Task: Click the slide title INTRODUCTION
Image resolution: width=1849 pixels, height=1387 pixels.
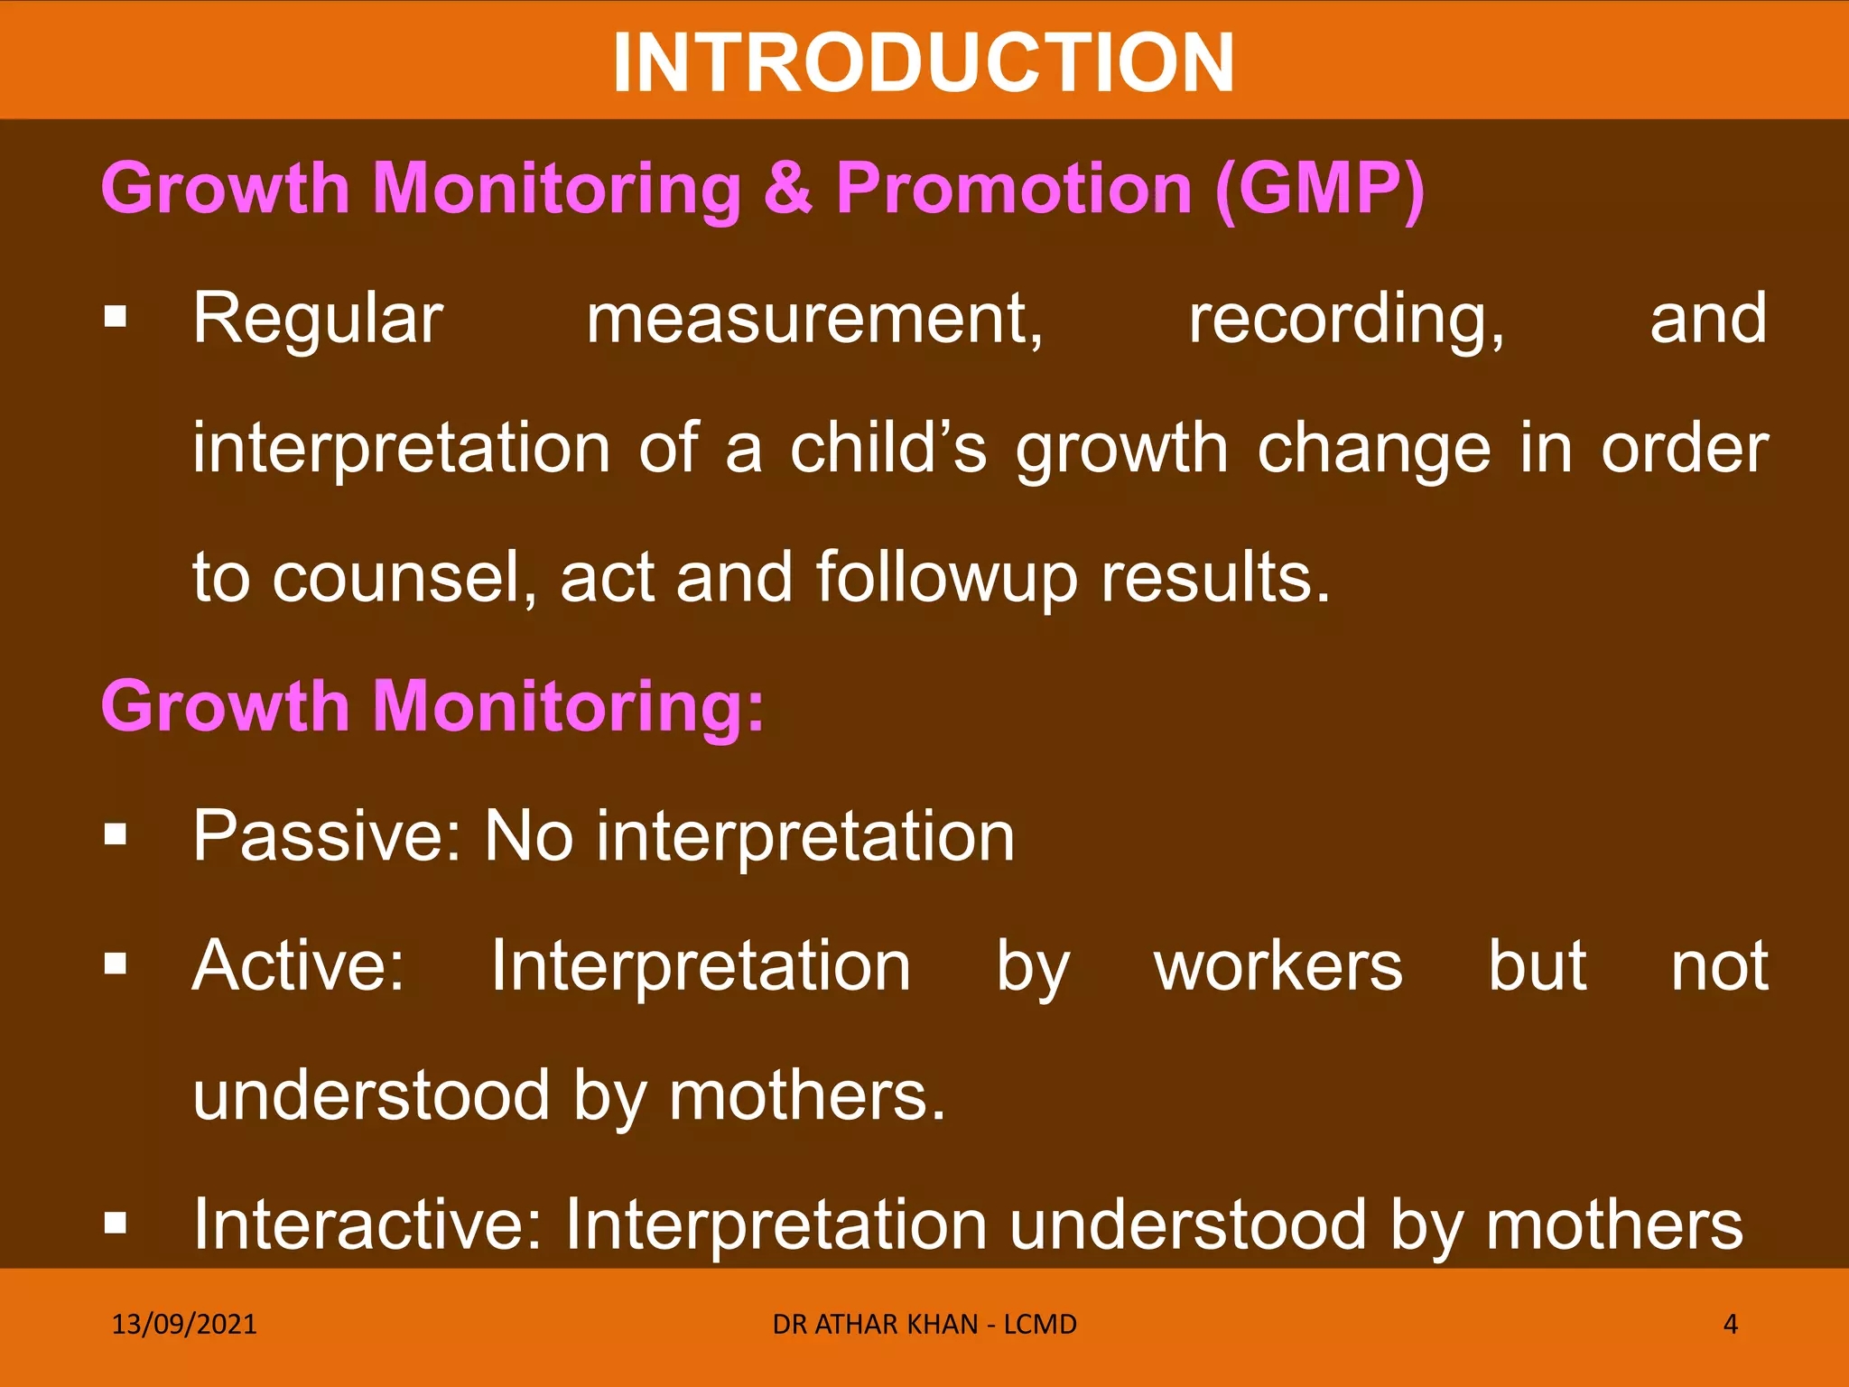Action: (924, 63)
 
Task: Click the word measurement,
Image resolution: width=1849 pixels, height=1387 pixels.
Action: (814, 320)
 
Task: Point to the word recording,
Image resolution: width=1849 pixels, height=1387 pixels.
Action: (1346, 320)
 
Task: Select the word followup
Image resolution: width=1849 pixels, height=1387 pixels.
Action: (947, 580)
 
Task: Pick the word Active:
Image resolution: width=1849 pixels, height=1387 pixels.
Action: (299, 966)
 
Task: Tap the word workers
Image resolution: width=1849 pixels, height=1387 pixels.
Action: (1278, 966)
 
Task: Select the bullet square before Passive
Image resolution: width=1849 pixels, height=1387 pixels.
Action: (116, 834)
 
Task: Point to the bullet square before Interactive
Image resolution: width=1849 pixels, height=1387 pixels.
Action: (116, 1224)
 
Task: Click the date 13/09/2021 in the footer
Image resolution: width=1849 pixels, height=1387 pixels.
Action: (184, 1325)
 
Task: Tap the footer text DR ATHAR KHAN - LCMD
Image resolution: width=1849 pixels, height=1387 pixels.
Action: (924, 1325)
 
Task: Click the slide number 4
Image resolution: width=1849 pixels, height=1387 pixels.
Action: (1730, 1325)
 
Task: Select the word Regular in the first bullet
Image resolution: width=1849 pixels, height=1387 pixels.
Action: (318, 320)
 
